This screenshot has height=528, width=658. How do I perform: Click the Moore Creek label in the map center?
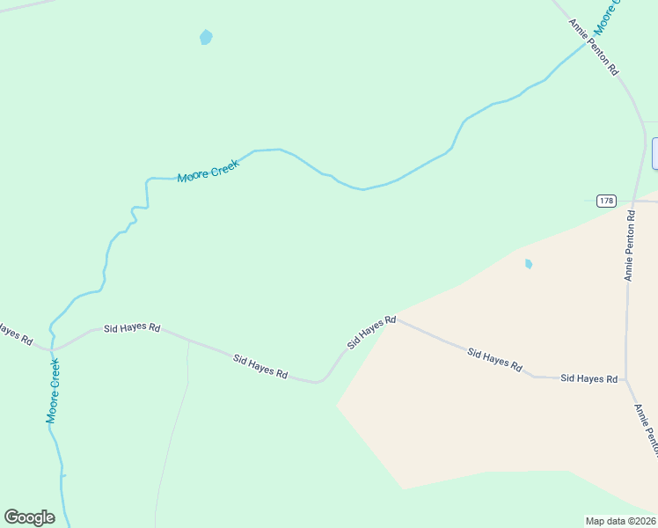208,171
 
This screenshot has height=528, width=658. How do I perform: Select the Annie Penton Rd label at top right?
594,48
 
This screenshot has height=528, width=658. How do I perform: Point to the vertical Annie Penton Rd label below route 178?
629,246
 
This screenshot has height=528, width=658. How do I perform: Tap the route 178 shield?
606,201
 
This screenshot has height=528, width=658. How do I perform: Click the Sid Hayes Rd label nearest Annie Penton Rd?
589,378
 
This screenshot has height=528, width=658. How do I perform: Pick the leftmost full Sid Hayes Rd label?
132,327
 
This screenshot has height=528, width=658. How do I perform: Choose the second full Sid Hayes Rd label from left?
260,366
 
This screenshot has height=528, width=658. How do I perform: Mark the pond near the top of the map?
206,38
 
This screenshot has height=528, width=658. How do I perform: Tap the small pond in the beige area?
529,263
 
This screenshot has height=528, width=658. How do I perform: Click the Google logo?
29,517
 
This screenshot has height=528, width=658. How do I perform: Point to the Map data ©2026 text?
620,520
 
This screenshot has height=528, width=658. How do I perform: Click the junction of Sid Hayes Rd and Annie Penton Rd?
626,380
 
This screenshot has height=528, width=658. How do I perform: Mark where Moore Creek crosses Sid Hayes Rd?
52,348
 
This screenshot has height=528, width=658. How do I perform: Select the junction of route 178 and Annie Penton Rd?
632,201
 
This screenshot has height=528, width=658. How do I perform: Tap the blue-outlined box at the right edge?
654,153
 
